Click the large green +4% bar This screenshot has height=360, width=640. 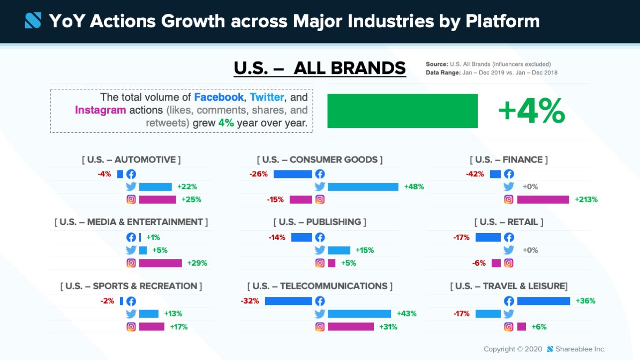(x=402, y=111)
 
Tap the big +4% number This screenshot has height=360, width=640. (x=531, y=111)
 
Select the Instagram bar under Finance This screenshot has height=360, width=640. (x=543, y=199)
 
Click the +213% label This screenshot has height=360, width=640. (x=586, y=199)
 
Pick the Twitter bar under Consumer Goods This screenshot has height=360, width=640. (x=363, y=187)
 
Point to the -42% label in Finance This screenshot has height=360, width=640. (x=475, y=174)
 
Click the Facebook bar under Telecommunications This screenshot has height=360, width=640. (x=288, y=301)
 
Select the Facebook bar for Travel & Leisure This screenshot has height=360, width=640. (x=544, y=301)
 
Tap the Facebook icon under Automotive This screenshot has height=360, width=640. (x=131, y=174)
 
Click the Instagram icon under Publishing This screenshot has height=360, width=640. (x=320, y=263)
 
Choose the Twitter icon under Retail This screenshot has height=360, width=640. (x=509, y=250)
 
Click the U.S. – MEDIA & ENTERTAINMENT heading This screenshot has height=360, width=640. (x=131, y=222)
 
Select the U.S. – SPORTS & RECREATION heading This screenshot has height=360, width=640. (x=131, y=286)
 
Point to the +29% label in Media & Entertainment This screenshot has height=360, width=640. (x=197, y=263)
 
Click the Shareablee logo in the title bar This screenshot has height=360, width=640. (x=33, y=21)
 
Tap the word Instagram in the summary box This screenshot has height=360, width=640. (x=101, y=110)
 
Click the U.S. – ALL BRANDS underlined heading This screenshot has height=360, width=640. (x=320, y=69)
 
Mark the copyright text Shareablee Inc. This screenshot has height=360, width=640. (x=580, y=349)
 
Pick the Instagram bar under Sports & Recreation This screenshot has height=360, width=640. (x=152, y=327)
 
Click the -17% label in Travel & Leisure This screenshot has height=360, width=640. (x=461, y=314)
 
